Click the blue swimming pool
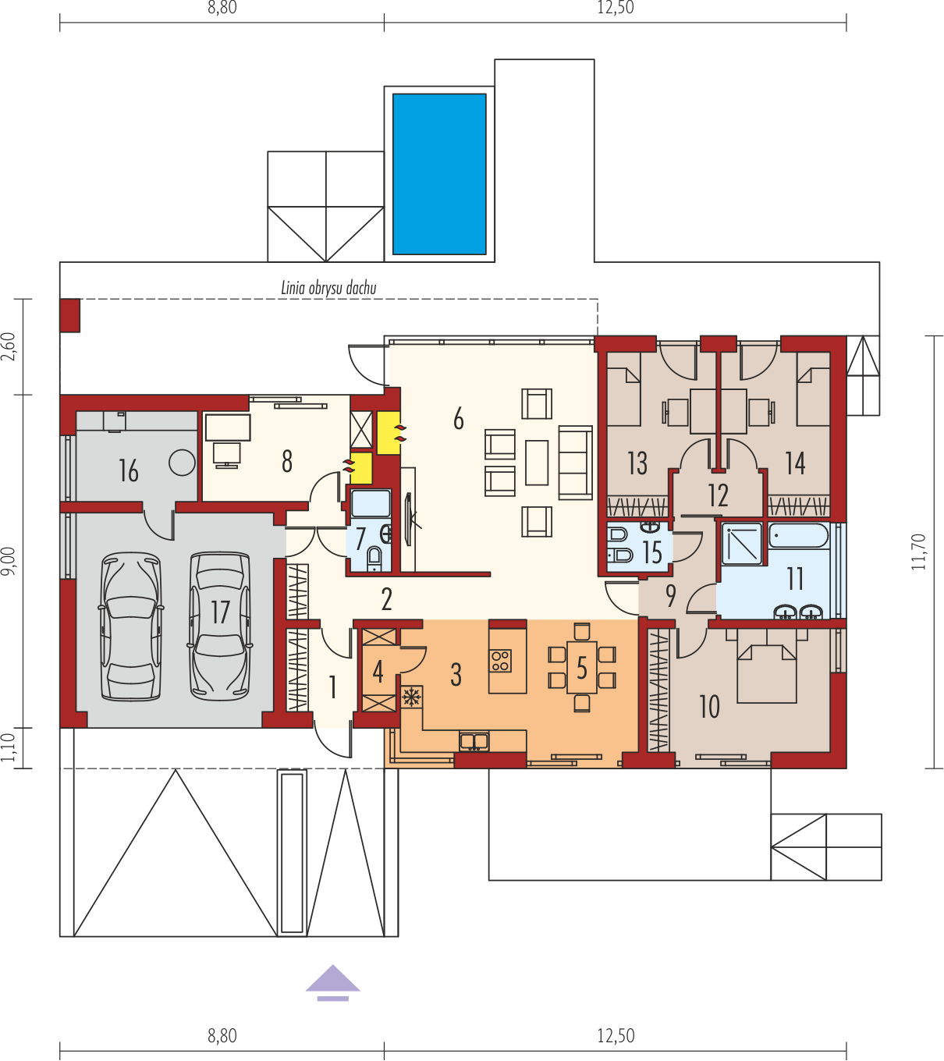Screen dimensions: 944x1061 439,174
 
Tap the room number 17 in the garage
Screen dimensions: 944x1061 220,612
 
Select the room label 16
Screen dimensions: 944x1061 129,470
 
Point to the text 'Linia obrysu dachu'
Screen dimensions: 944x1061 328,288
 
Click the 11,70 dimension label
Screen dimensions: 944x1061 918,552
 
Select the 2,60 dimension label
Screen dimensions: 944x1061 9,346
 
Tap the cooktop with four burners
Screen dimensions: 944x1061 501,660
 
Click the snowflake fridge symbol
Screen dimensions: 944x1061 412,697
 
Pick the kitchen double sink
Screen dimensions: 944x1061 474,742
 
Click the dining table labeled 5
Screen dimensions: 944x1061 581,668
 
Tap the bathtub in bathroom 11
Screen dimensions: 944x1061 798,536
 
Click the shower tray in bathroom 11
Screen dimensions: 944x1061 742,544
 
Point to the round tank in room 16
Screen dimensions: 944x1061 182,463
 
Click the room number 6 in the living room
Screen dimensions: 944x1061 459,419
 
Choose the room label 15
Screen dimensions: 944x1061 652,552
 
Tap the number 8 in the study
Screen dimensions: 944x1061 286,461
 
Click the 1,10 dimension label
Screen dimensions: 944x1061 9,748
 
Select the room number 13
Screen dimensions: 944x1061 637,463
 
